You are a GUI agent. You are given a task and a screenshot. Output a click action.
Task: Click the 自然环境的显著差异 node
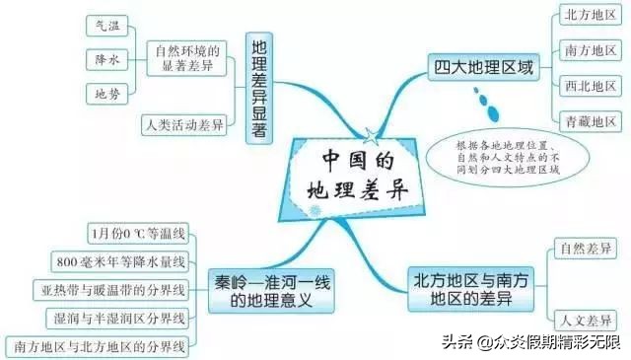coord(186,59)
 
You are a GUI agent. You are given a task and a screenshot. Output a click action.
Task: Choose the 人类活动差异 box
coord(183,124)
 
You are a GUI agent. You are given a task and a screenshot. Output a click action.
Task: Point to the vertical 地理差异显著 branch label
coord(259,90)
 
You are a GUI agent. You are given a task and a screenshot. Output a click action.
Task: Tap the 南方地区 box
coord(590,49)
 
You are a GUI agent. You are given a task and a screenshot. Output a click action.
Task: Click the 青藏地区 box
coord(590,121)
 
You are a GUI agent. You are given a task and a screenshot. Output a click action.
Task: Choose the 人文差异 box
coord(587,320)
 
